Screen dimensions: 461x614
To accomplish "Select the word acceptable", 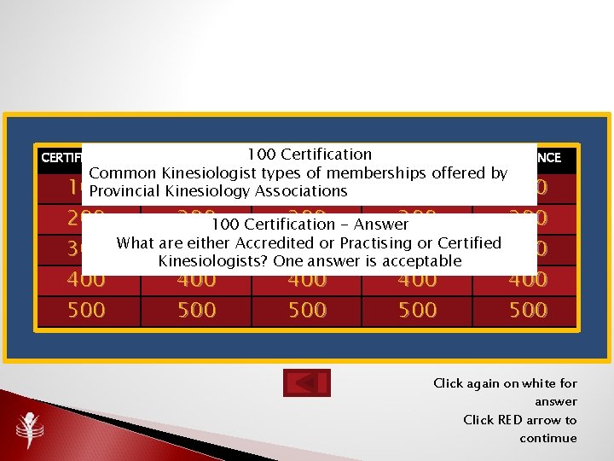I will pyautogui.click(x=421, y=261).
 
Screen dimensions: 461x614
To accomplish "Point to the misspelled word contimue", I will pyautogui.click(x=547, y=439).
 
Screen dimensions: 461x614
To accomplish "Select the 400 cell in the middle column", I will pyautogui.click(x=306, y=280).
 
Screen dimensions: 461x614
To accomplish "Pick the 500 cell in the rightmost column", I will pyautogui.click(x=527, y=310).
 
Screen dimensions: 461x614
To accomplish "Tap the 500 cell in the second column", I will pyautogui.click(x=196, y=310).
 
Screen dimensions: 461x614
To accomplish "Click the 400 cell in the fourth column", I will pyautogui.click(x=417, y=280).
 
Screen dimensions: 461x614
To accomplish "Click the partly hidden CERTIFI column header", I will pyautogui.click(x=61, y=158).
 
